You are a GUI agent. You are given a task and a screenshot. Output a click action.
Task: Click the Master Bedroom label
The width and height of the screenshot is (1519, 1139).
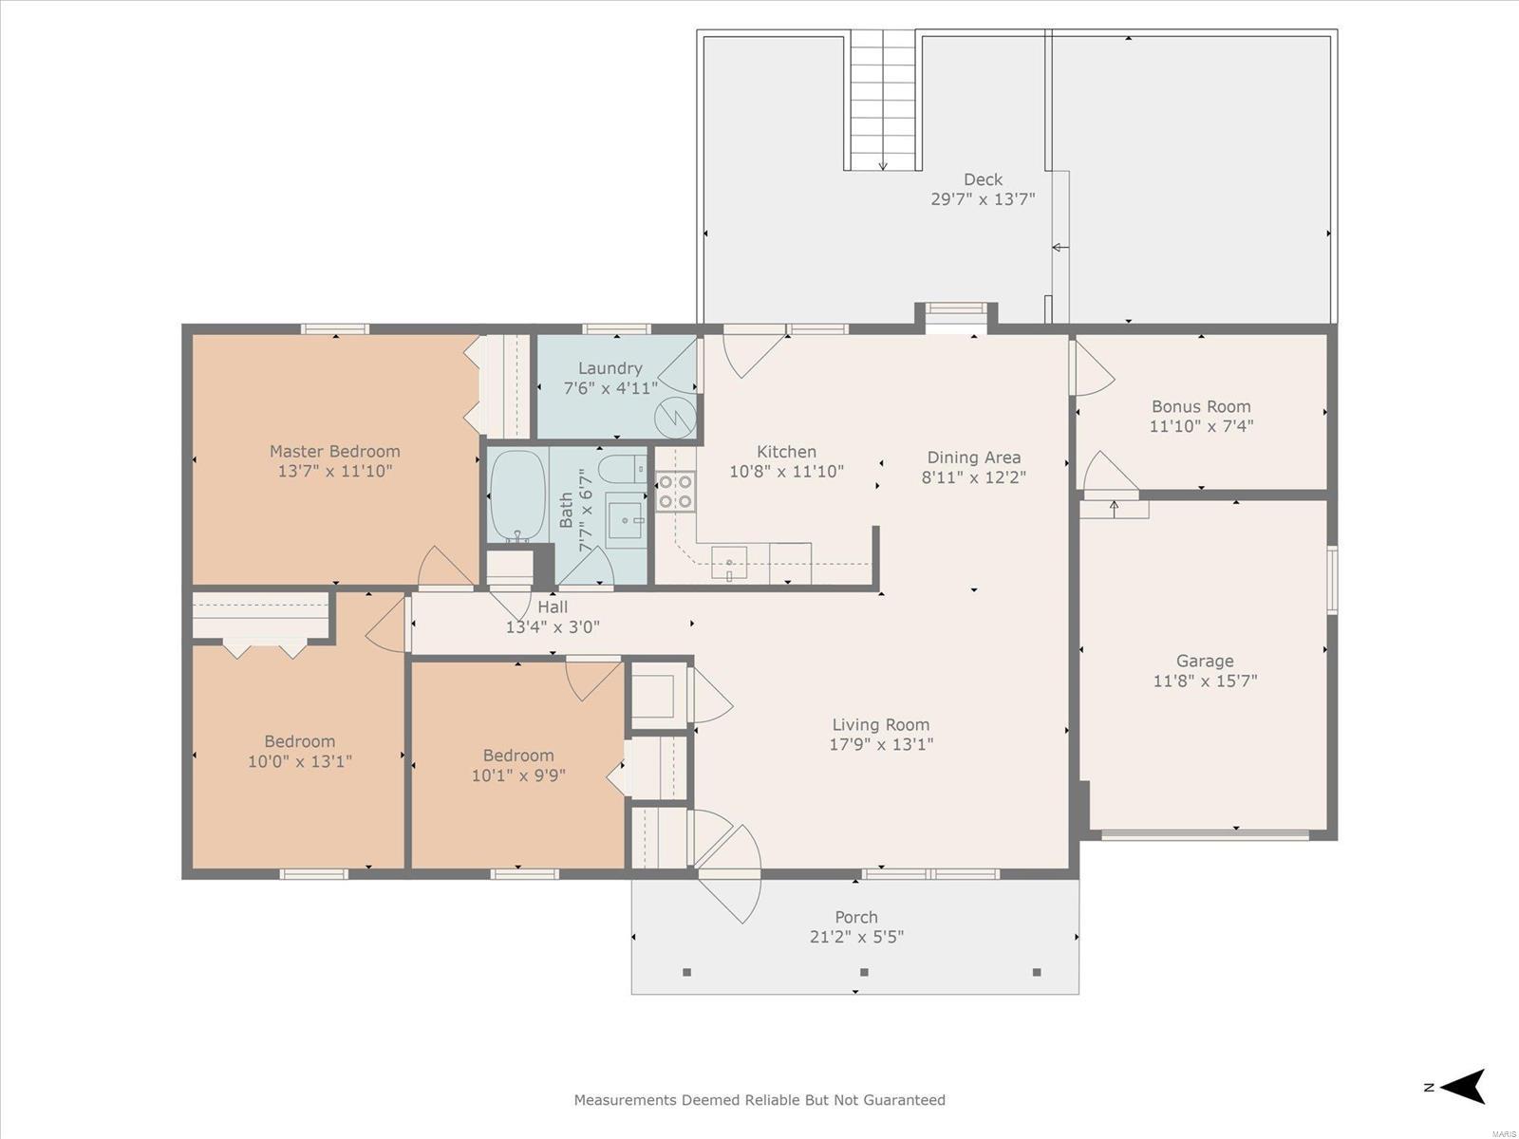click(x=335, y=452)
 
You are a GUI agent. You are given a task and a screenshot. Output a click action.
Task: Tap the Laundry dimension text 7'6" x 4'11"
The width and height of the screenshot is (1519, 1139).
click(x=610, y=388)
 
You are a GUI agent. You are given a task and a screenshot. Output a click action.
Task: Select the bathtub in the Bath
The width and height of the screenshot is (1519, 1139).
click(x=517, y=495)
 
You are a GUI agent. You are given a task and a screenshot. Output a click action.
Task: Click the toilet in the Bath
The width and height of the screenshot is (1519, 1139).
click(x=622, y=470)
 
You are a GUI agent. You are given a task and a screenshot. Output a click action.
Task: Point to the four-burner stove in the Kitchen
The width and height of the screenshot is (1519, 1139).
click(x=675, y=492)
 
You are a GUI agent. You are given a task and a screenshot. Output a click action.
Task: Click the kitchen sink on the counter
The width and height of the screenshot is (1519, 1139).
click(x=729, y=563)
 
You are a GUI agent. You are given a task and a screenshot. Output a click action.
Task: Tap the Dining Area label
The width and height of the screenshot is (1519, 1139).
click(x=974, y=457)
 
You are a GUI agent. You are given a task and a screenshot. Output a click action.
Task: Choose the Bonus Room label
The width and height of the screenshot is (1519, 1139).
click(x=1201, y=406)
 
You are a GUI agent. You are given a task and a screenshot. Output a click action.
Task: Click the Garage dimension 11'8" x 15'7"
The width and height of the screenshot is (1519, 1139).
click(x=1205, y=681)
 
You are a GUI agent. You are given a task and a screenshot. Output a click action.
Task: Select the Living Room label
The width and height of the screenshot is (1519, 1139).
click(x=881, y=725)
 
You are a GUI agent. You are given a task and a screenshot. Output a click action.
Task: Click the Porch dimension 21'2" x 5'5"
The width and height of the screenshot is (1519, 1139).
click(x=856, y=937)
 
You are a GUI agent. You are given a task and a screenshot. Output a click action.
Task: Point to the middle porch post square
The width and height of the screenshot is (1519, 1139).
click(x=864, y=972)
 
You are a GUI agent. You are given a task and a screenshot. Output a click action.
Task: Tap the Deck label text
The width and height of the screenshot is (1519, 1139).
click(x=983, y=179)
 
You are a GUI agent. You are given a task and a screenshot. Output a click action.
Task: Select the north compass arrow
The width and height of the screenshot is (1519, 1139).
click(x=1465, y=1087)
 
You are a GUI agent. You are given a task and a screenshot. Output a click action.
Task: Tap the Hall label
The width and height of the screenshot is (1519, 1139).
click(x=553, y=607)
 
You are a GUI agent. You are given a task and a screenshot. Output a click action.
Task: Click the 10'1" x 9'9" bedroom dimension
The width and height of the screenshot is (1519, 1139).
click(x=518, y=775)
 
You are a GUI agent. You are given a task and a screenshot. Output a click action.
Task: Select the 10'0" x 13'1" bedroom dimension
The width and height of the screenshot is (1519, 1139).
click(x=300, y=761)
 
